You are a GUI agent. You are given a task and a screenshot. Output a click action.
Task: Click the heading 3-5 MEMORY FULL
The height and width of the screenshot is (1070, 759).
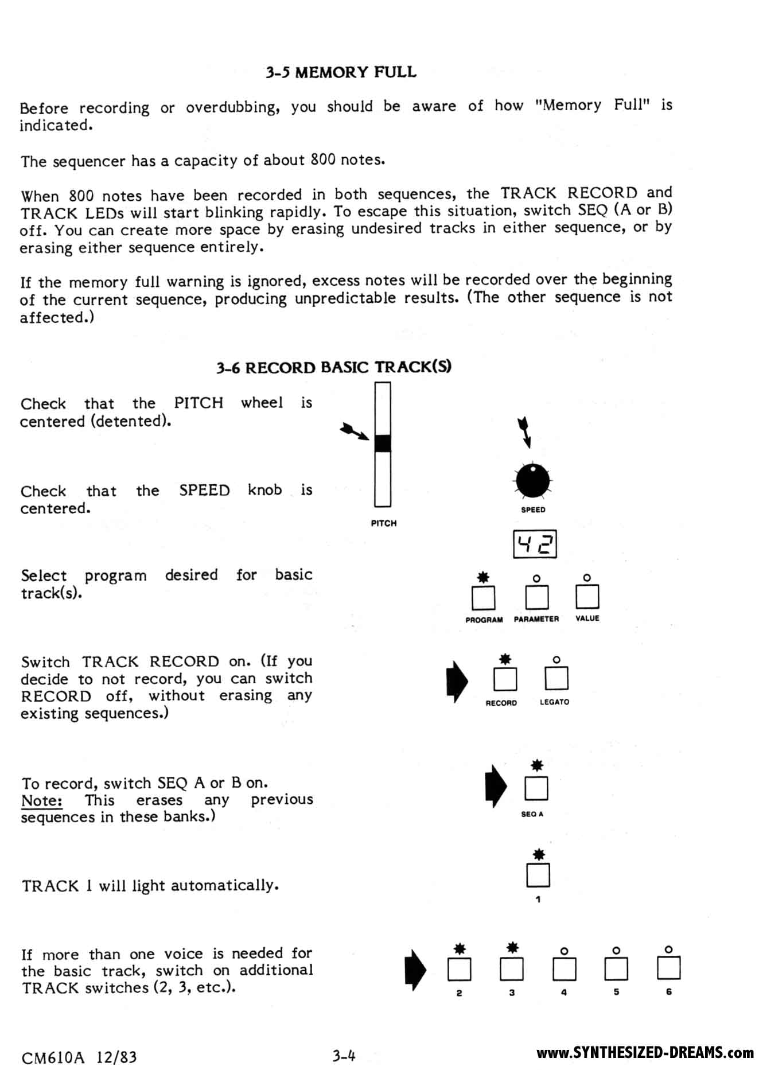coord(341,72)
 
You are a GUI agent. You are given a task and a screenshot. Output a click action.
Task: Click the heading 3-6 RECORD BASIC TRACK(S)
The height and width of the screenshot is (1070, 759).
coord(333,367)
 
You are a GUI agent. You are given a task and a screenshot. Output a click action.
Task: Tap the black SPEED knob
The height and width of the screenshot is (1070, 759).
coord(532,481)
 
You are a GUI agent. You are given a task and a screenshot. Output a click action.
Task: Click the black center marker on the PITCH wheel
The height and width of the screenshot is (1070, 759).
coord(383,443)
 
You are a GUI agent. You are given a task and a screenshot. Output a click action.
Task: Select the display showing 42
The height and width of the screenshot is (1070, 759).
coord(535,544)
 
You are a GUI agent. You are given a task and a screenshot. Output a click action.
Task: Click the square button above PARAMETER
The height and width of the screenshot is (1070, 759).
coord(536,597)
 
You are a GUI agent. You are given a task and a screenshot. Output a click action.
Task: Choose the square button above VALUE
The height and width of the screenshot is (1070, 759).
coord(587,597)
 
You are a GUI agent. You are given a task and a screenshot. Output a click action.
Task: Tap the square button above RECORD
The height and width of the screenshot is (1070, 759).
coord(505,679)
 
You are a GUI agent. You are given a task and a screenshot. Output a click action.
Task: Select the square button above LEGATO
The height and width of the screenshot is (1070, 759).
coord(556,678)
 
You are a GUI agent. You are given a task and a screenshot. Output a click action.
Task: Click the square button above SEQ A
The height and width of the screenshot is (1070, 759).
coord(536,788)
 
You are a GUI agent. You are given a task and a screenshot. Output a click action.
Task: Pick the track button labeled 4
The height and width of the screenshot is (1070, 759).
coord(564,969)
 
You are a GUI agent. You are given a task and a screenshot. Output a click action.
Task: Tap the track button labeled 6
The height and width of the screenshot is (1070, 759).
coord(668,968)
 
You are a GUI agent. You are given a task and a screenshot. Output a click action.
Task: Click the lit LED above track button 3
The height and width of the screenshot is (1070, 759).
coord(512,948)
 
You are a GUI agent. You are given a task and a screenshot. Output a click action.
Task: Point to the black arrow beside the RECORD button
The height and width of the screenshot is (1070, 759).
coord(457,682)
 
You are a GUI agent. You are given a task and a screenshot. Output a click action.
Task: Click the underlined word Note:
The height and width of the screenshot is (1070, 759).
coord(42,801)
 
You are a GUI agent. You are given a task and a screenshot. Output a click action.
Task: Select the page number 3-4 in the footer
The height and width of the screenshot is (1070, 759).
coord(344,1055)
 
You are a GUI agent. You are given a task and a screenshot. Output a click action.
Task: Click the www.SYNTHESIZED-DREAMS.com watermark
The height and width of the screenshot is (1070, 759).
coord(645,1053)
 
